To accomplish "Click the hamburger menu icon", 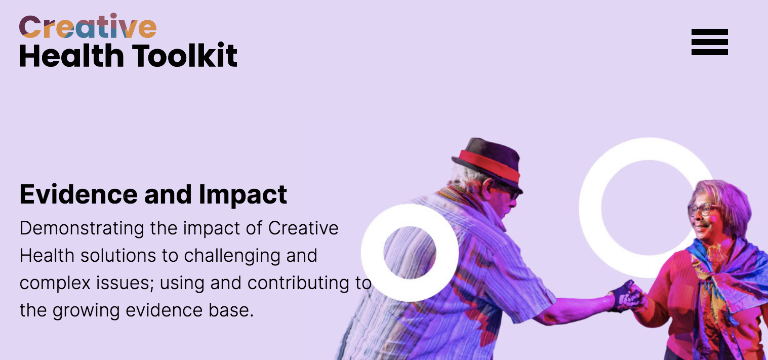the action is [x=709, y=42].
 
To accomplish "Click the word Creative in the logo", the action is [x=88, y=26].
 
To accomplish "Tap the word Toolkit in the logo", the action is [x=185, y=55].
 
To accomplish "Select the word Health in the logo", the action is [x=71, y=55].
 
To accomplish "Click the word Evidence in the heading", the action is [x=78, y=194].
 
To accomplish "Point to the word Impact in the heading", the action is [x=242, y=195].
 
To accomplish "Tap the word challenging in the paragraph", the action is [x=232, y=256].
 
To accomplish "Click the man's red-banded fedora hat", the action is [x=488, y=164].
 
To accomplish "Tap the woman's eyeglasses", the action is [x=702, y=209].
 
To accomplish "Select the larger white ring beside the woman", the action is [x=590, y=208].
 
